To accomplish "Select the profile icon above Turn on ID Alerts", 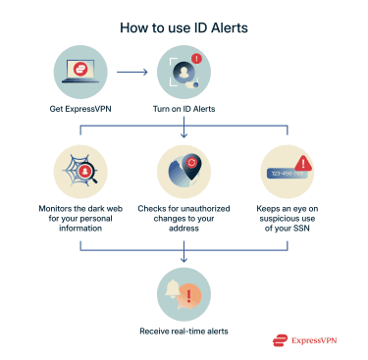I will (183, 71).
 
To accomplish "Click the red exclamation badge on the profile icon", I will (196, 59).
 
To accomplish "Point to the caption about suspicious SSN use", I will (289, 220).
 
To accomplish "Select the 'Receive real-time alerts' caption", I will (184, 332).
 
